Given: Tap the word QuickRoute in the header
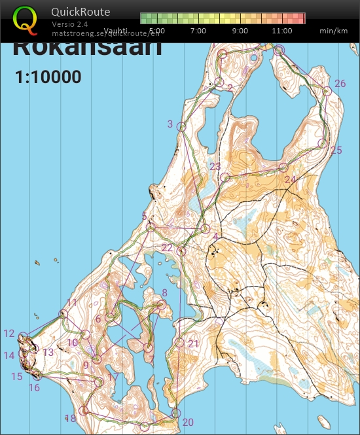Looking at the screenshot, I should [x=81, y=12].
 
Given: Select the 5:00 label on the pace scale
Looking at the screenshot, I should [x=156, y=31].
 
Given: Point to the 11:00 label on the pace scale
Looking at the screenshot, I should [x=281, y=31].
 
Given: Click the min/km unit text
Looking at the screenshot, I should [x=333, y=31].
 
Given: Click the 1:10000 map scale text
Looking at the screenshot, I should [x=48, y=77].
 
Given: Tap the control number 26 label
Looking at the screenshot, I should [x=340, y=84].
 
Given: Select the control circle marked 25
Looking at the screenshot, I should [x=322, y=143].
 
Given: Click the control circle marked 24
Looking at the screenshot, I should [x=283, y=168].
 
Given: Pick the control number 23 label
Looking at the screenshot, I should [x=215, y=166].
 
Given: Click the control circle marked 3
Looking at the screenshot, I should [x=182, y=126].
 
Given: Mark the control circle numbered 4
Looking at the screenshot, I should [x=206, y=229].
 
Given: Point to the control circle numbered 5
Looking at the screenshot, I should [x=151, y=228].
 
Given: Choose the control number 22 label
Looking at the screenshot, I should [x=167, y=248].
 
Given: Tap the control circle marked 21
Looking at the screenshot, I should [x=180, y=342].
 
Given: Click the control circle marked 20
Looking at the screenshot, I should [x=176, y=413].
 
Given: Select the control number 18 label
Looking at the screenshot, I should [x=70, y=418].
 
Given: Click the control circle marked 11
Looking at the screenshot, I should [x=63, y=315].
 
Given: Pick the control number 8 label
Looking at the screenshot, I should [x=164, y=293].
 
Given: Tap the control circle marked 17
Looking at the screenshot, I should [x=99, y=382].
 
